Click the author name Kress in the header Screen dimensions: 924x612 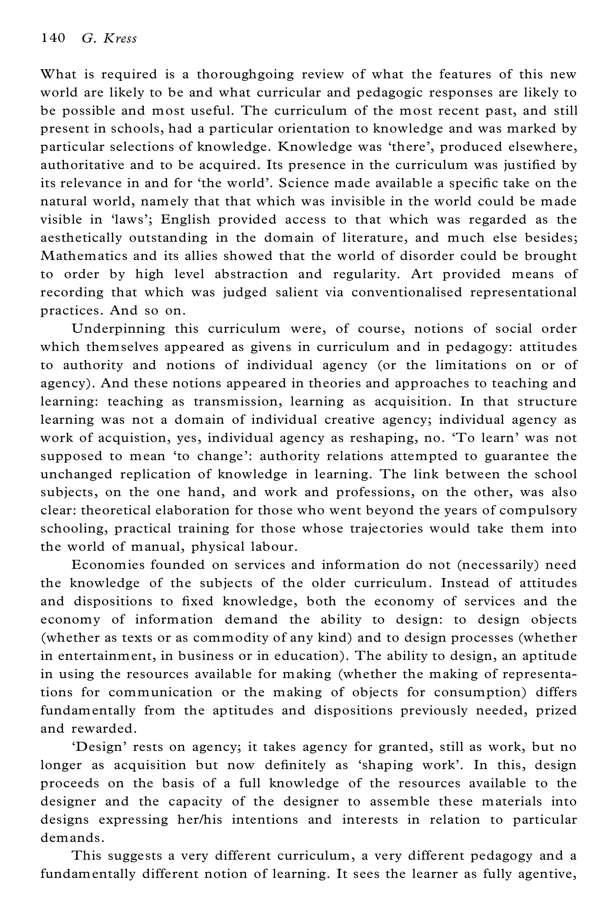pos(120,39)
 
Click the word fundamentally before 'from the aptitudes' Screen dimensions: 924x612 pos(88,710)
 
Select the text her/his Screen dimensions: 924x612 pos(199,819)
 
